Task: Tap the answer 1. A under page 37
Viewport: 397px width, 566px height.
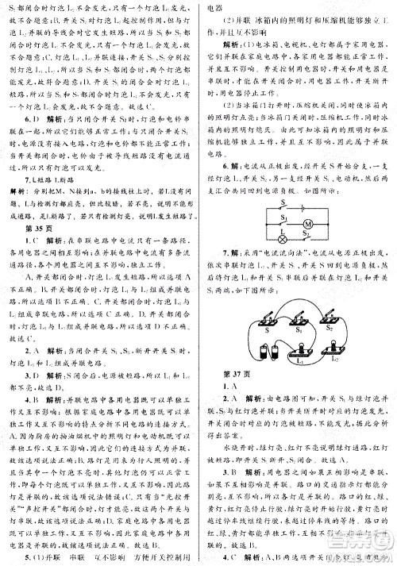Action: [x=233, y=388]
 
